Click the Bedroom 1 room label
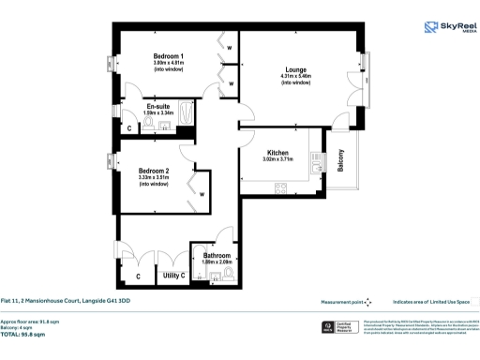pyautogui.click(x=169, y=56)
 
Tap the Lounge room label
pyautogui.click(x=295, y=68)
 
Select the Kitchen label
pyautogui.click(x=277, y=152)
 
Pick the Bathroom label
pyautogui.click(x=217, y=256)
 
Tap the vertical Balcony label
pyautogui.click(x=341, y=162)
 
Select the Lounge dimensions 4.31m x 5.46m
pyautogui.click(x=295, y=76)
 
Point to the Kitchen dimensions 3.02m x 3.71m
pyautogui.click(x=277, y=160)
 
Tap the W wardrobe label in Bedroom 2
pyautogui.click(x=201, y=194)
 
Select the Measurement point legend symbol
pyautogui.click(x=368, y=302)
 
